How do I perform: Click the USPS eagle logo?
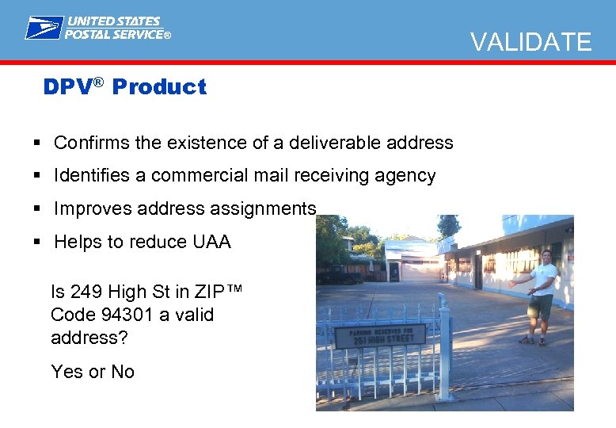(x=44, y=28)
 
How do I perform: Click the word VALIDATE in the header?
(x=531, y=41)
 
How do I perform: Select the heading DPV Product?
(x=124, y=86)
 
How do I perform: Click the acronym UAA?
(x=211, y=242)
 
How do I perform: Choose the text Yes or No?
(x=93, y=371)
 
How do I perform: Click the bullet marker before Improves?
(x=37, y=208)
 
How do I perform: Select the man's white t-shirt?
(x=543, y=278)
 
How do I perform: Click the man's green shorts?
(x=541, y=306)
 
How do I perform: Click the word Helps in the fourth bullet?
(x=78, y=242)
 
